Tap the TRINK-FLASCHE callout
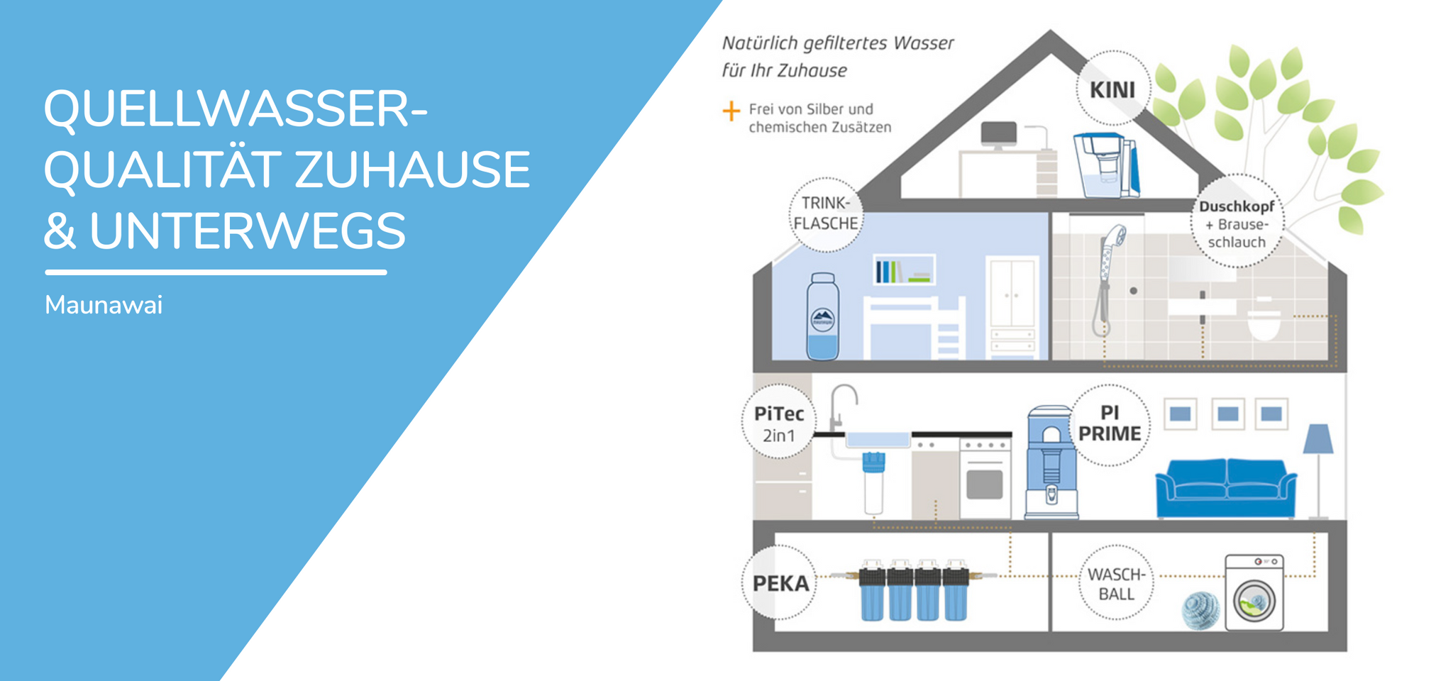pyautogui.click(x=826, y=214)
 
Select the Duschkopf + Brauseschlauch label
pyautogui.click(x=1237, y=223)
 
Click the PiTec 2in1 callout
pyautogui.click(x=779, y=423)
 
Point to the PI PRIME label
pyautogui.click(x=1110, y=424)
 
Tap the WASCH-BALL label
pyautogui.click(x=1116, y=584)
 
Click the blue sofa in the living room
pyautogui.click(x=1226, y=489)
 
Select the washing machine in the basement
pyautogui.click(x=1254, y=593)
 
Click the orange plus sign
pyautogui.click(x=731, y=111)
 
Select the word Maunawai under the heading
pyautogui.click(x=104, y=305)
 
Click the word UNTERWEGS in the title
pyautogui.click(x=248, y=231)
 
